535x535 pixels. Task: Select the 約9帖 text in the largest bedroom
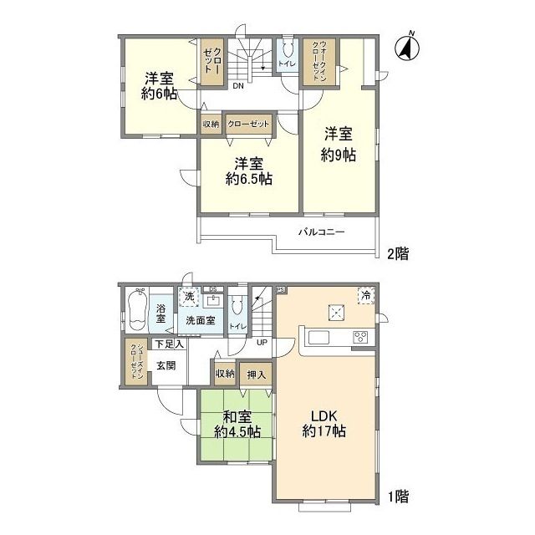pos(339,144)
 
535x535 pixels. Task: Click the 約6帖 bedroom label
pos(159,86)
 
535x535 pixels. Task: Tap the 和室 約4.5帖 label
pos(237,424)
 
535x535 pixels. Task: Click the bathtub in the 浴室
pos(139,310)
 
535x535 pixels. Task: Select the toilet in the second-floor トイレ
pos(288,49)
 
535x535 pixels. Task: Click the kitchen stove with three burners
pos(360,338)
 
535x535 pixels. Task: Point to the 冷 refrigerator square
pos(364,294)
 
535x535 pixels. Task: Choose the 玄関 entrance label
pos(165,364)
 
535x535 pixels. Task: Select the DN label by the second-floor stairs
pos(238,85)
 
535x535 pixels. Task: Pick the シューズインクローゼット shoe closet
pos(134,361)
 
